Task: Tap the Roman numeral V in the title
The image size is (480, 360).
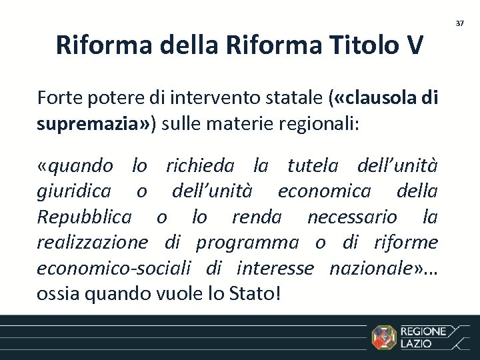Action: pos(411,45)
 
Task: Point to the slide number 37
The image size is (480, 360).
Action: pos(459,23)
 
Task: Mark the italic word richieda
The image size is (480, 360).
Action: pos(200,165)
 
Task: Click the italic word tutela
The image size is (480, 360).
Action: pos(313,165)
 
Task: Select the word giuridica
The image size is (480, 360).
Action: pos(73,191)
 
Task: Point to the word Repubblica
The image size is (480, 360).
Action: pos(84,217)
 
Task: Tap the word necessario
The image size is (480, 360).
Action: pos(352,217)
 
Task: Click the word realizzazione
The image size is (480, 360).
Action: pos(92,242)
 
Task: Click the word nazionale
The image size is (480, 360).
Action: pos(372,267)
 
